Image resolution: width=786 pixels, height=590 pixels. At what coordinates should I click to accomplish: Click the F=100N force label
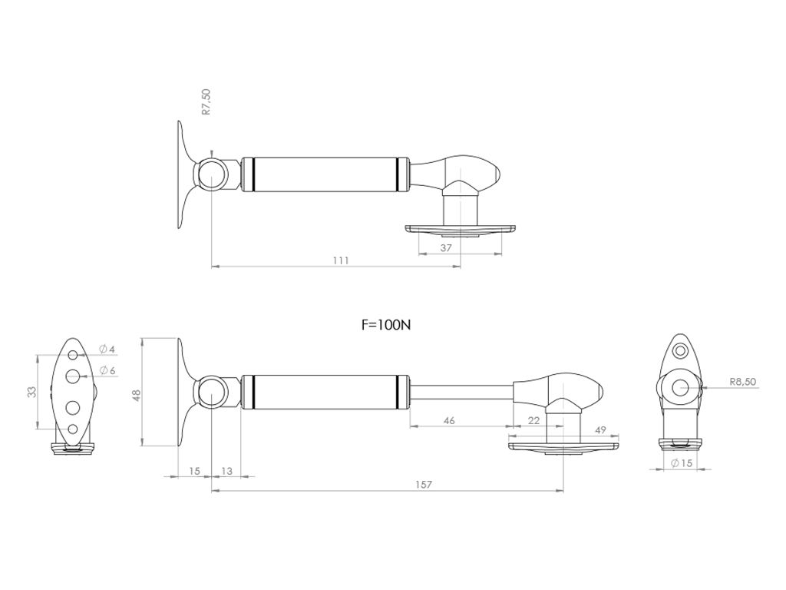click(386, 325)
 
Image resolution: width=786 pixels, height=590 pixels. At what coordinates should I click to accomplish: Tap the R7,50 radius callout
click(206, 102)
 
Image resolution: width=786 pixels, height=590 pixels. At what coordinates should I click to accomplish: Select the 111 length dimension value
click(340, 260)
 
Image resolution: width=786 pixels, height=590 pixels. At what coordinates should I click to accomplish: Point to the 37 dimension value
click(446, 248)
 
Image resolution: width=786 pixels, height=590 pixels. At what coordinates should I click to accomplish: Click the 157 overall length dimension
click(424, 485)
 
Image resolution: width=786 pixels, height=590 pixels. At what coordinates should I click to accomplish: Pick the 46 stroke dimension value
click(449, 420)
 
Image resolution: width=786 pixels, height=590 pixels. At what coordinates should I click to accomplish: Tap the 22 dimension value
click(534, 420)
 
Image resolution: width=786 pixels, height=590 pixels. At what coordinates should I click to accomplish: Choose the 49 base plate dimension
click(600, 430)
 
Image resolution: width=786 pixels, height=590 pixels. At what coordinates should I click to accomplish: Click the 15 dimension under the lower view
click(194, 471)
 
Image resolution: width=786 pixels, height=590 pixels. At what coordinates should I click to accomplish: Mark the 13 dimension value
click(226, 471)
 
